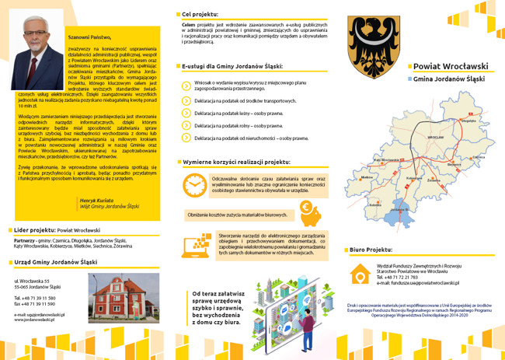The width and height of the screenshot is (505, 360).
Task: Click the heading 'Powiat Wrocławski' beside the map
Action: tap(451, 67)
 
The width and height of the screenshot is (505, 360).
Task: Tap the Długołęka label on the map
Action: tap(468, 121)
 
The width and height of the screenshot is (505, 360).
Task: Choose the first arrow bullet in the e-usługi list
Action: tap(186, 85)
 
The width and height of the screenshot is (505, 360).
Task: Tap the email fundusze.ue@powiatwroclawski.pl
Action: tap(418, 284)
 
